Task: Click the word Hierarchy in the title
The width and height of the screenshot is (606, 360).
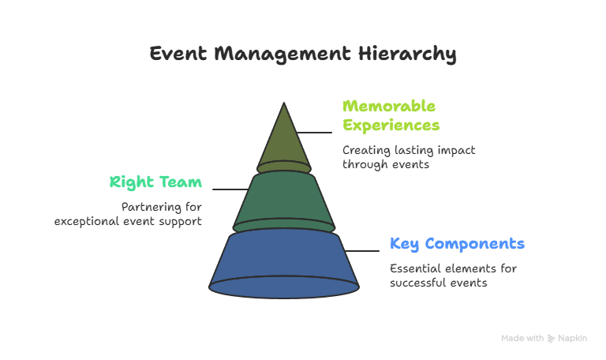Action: point(407,54)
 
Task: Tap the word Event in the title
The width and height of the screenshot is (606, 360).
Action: point(178,54)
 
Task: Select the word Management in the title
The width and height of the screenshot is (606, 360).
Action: point(282,54)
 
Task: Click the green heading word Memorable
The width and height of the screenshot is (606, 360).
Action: point(389,106)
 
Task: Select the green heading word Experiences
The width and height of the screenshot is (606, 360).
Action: point(391,126)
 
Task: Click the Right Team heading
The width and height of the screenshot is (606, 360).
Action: point(155,182)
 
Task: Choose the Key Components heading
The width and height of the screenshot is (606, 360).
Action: point(457,244)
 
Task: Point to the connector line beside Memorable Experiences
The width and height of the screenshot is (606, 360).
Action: point(314,133)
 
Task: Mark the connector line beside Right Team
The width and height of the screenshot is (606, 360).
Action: point(230,189)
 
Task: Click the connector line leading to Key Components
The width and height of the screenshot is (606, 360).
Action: point(361,251)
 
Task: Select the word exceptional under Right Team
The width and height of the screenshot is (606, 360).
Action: point(87,222)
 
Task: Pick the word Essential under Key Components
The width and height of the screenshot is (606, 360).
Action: point(416,268)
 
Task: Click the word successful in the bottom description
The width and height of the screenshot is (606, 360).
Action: point(418,283)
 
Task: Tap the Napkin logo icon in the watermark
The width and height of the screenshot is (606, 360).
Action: point(551,339)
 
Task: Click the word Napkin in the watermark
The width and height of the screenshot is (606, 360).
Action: point(572,339)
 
